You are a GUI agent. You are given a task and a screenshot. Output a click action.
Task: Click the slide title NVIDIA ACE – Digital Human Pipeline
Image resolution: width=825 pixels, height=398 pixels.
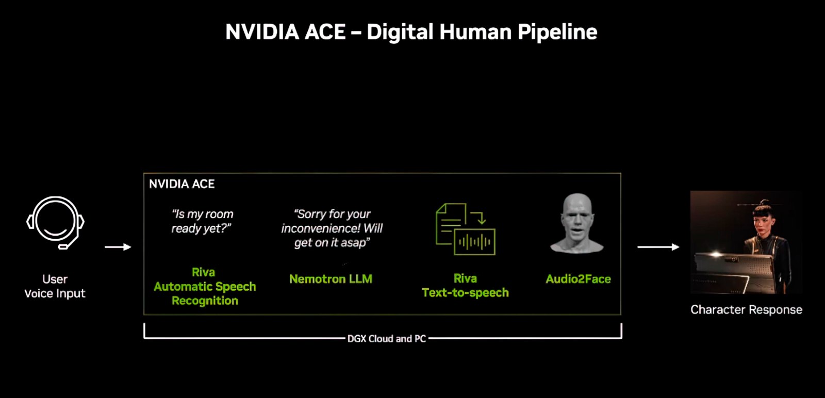(411, 32)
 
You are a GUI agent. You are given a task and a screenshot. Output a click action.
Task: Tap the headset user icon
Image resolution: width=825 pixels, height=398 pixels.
(55, 222)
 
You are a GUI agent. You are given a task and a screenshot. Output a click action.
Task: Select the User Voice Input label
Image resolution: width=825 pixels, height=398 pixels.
(55, 286)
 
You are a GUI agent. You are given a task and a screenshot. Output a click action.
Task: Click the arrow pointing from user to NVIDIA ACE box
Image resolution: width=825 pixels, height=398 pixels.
(118, 246)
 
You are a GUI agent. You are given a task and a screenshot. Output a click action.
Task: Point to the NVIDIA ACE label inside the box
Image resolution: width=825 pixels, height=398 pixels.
(181, 184)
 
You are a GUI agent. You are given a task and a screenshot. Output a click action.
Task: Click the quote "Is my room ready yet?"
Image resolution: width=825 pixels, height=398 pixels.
(202, 221)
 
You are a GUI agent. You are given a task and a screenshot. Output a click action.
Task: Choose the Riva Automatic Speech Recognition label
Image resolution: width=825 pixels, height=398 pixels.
(205, 287)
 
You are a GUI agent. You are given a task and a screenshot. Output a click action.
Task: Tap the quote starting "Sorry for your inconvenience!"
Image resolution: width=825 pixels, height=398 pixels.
(332, 228)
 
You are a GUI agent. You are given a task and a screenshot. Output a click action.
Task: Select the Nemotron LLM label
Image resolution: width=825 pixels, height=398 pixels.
(331, 279)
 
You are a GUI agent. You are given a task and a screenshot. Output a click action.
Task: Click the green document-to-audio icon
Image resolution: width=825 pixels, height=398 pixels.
(465, 229)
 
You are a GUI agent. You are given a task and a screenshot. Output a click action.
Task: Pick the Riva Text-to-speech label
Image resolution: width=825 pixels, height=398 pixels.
(465, 285)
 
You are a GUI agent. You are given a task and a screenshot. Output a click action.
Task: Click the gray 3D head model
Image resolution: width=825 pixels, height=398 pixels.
(577, 223)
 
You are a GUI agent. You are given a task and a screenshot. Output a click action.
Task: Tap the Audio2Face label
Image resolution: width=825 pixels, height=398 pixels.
(578, 279)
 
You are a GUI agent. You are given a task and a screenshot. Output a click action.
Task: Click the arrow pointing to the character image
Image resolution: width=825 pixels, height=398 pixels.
(658, 247)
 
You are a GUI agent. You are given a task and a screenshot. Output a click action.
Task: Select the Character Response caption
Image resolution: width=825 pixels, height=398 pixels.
(746, 310)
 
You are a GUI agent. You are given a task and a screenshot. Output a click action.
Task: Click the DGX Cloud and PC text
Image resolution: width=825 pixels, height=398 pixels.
(387, 339)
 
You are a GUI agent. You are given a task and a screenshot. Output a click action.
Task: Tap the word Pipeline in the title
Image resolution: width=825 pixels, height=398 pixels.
(557, 32)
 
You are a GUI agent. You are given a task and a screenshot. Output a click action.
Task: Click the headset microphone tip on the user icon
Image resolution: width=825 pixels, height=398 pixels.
(63, 247)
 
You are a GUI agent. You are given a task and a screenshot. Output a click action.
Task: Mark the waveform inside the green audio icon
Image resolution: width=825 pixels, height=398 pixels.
(475, 242)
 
